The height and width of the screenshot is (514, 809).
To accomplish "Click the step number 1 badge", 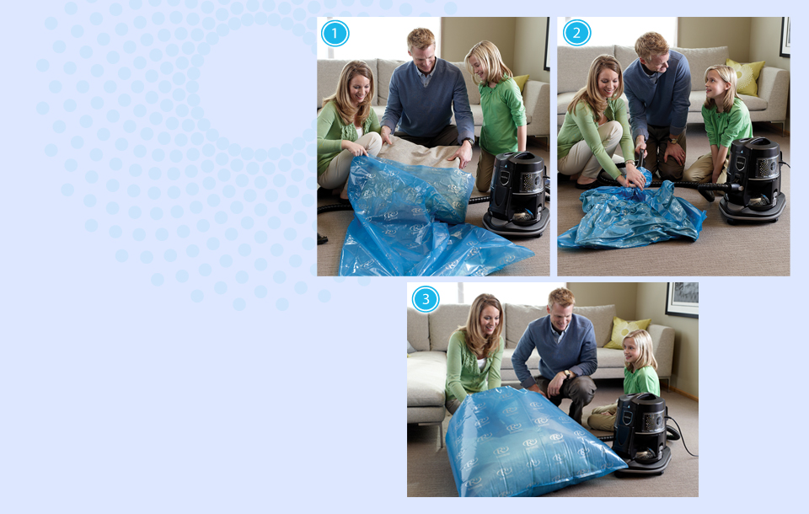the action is (x=335, y=33).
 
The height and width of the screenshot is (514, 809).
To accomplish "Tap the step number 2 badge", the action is (x=576, y=33).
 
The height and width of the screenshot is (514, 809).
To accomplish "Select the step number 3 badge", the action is (x=426, y=299).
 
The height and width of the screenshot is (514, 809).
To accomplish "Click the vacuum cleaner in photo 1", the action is (x=517, y=194).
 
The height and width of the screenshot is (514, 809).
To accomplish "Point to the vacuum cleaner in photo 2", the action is (x=753, y=179).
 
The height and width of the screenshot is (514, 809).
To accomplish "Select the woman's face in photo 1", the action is (x=360, y=88).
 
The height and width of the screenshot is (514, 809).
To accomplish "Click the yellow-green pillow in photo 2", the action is (x=746, y=77).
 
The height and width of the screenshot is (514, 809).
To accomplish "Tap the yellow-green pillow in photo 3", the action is (x=626, y=332).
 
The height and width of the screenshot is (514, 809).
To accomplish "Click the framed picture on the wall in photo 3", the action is (x=682, y=299).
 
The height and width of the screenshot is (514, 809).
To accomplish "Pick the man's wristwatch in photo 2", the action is (x=672, y=140).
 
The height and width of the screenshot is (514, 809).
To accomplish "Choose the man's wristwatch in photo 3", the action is (x=566, y=373).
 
